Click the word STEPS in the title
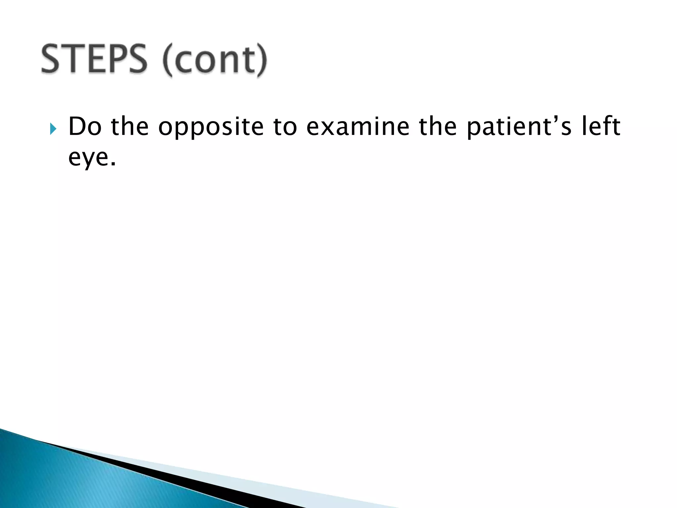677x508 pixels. click(x=94, y=60)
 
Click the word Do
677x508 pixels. click(x=85, y=127)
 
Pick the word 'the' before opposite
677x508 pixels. click(x=130, y=127)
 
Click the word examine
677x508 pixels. click(x=358, y=127)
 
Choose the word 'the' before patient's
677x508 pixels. click(x=438, y=127)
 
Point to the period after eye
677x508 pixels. click(x=113, y=164)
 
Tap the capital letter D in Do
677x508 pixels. click(x=77, y=127)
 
